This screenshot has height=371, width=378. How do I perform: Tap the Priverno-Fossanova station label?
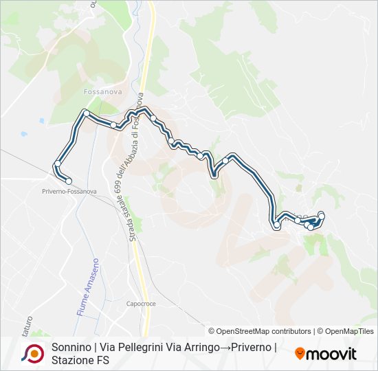click(x=69, y=191)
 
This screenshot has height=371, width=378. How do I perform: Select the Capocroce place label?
click(x=142, y=302)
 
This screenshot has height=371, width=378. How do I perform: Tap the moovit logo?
click(x=326, y=354)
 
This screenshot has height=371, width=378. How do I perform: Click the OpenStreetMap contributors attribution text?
click(x=260, y=331)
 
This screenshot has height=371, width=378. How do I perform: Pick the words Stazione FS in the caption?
click(x=80, y=360)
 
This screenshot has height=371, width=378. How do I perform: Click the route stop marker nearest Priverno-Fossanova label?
click(x=68, y=181)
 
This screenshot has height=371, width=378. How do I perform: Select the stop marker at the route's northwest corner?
click(x=86, y=112)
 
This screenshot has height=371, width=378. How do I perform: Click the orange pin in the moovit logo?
click(x=300, y=354)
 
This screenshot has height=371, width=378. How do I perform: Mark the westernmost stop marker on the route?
click(x=57, y=164)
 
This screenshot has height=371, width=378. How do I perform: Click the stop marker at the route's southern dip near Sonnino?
click(x=277, y=225)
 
